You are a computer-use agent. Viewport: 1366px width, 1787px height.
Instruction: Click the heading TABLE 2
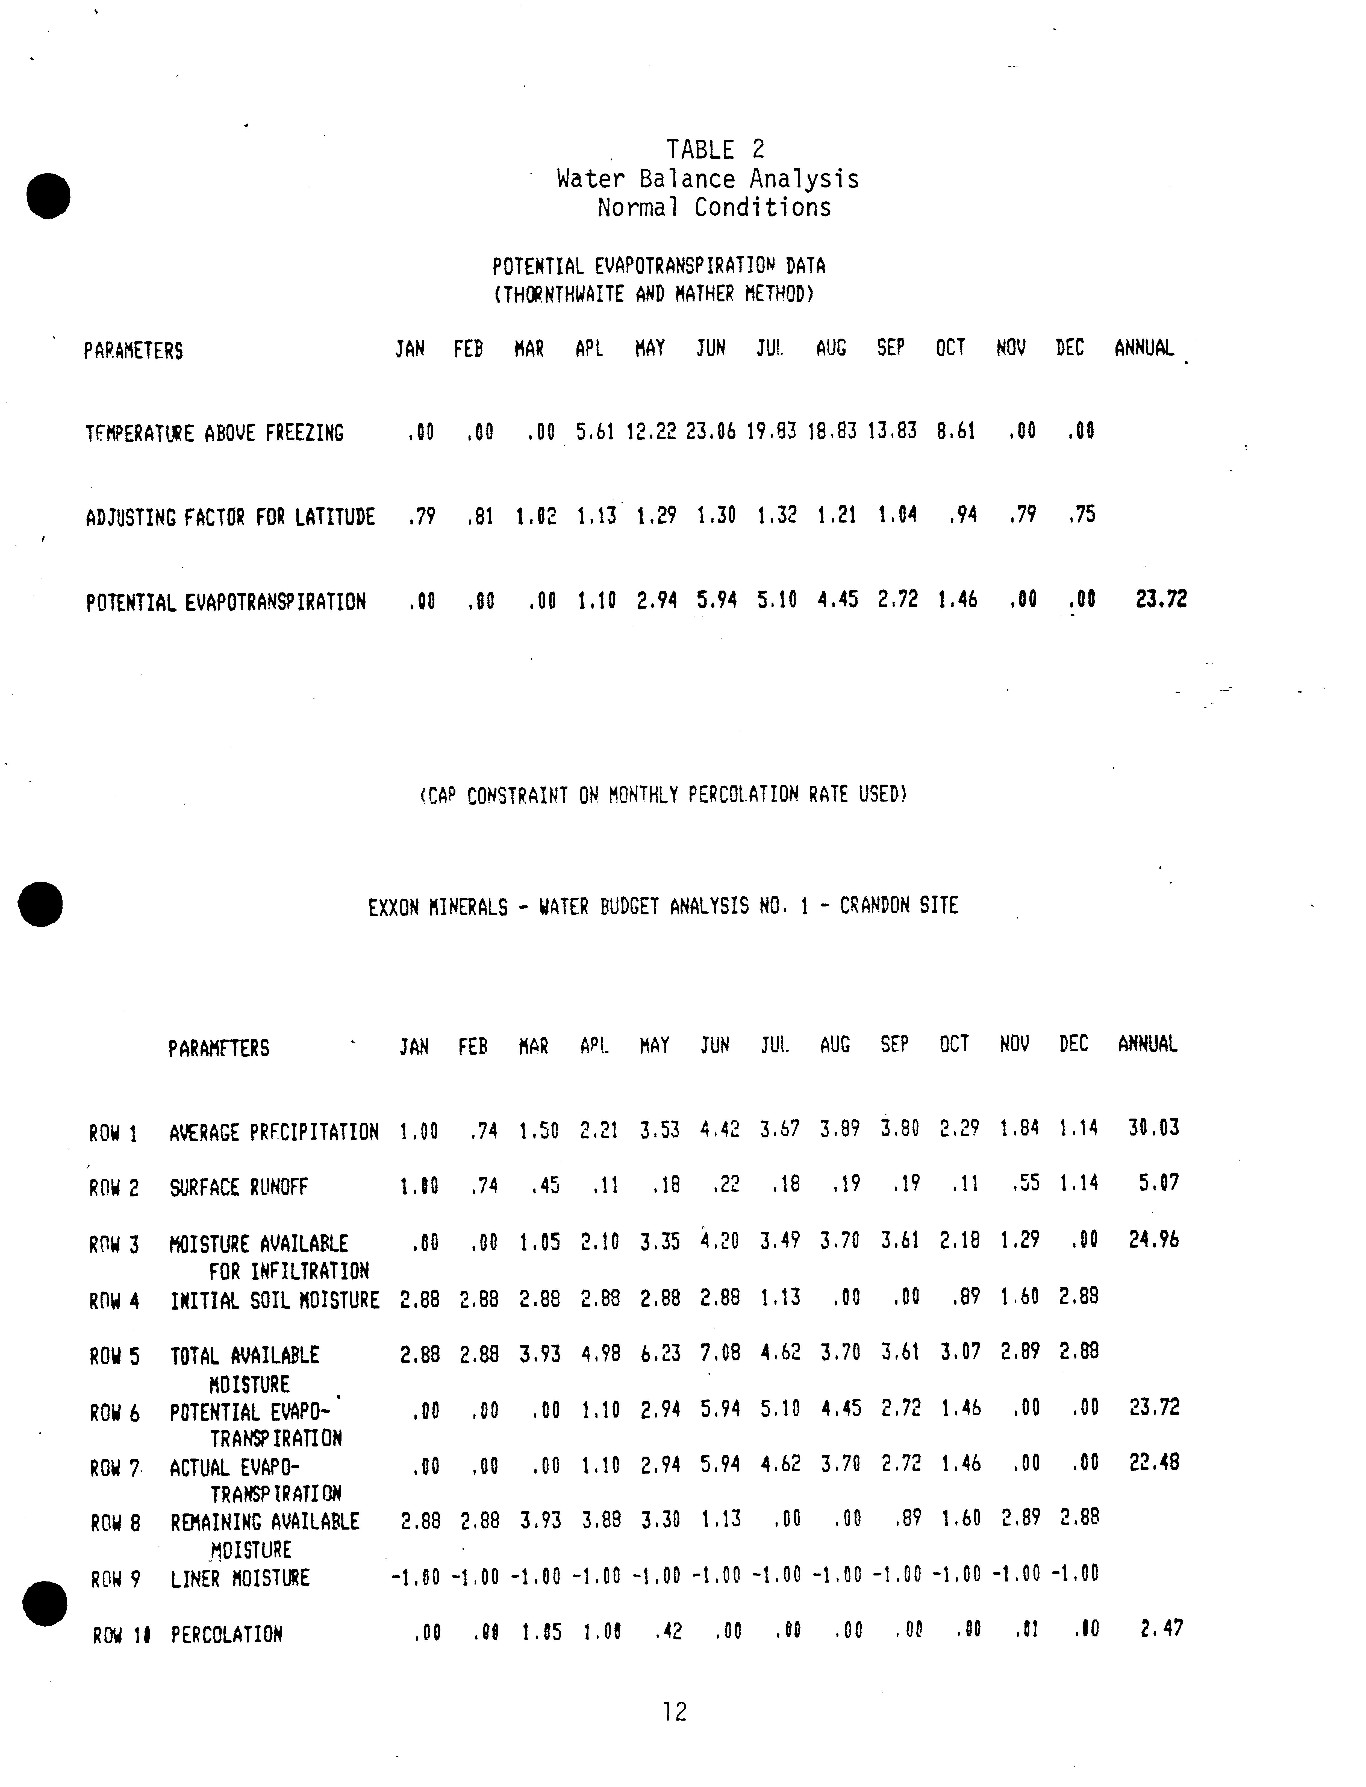pyautogui.click(x=715, y=150)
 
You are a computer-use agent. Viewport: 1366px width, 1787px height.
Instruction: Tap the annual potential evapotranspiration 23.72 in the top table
pyautogui.click(x=1161, y=600)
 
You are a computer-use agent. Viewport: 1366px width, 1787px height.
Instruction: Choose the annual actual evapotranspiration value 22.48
pyautogui.click(x=1154, y=1462)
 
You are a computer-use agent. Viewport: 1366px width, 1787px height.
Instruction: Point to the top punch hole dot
pyautogui.click(x=48, y=195)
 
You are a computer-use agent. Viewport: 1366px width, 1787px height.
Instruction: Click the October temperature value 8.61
pyautogui.click(x=955, y=431)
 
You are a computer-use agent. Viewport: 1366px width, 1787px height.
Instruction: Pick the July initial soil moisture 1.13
pyautogui.click(x=781, y=1297)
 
